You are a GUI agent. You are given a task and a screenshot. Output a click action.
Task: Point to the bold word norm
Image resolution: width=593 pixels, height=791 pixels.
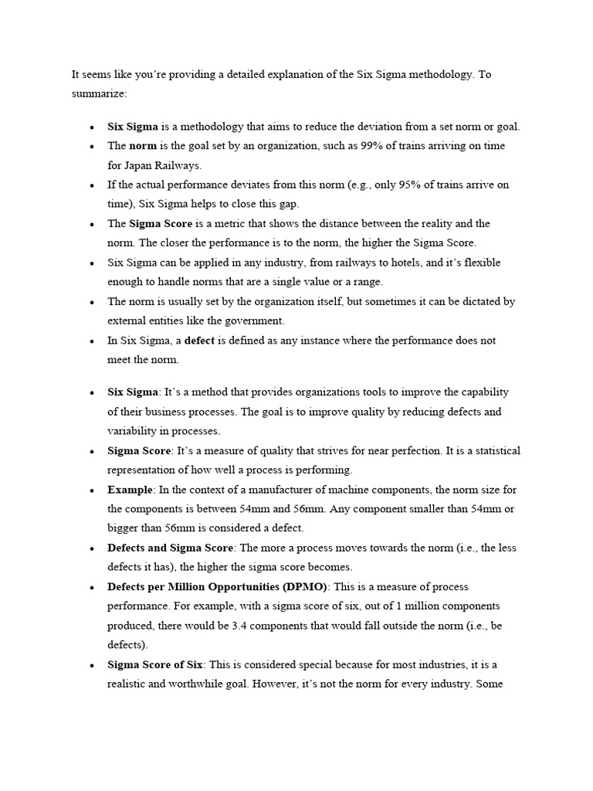click(143, 146)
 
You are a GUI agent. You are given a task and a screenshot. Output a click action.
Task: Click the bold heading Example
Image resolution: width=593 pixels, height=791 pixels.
click(130, 489)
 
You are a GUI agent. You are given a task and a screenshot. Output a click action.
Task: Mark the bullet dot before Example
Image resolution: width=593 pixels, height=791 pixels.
click(92, 490)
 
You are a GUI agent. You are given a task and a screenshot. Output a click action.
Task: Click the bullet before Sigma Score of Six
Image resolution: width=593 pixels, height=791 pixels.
click(92, 664)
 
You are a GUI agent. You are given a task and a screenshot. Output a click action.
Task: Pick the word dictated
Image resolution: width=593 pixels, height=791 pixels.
click(476, 301)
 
